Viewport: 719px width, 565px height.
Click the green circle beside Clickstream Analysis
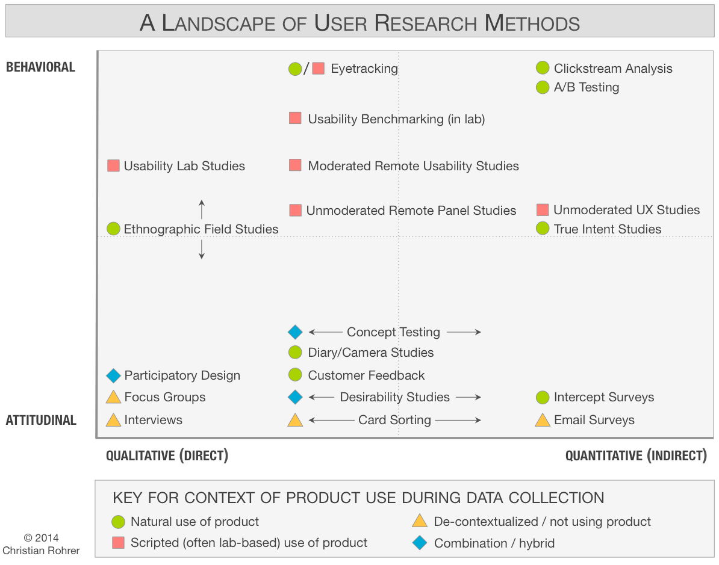[543, 69]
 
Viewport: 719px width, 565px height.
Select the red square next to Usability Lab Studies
[113, 165]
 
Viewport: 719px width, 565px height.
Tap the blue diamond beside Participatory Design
[113, 375]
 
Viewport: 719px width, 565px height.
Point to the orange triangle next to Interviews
[113, 420]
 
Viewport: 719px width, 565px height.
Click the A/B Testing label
[587, 87]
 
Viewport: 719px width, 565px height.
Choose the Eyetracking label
[364, 69]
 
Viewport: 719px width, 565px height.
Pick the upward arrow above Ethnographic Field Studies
[202, 209]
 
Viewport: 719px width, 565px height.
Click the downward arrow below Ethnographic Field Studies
[202, 249]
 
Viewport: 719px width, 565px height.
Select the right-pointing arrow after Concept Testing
[464, 332]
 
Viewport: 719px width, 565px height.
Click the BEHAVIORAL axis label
[40, 67]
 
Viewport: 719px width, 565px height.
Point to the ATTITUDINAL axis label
[41, 420]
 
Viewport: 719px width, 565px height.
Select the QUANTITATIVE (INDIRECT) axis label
[636, 455]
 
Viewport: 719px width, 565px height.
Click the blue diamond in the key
[419, 543]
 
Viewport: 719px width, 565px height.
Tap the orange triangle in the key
[419, 521]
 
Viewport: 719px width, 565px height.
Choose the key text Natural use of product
[195, 522]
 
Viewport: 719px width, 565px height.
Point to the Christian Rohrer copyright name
[41, 550]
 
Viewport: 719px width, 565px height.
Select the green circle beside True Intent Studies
[543, 229]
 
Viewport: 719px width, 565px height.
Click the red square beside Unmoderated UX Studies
[543, 209]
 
